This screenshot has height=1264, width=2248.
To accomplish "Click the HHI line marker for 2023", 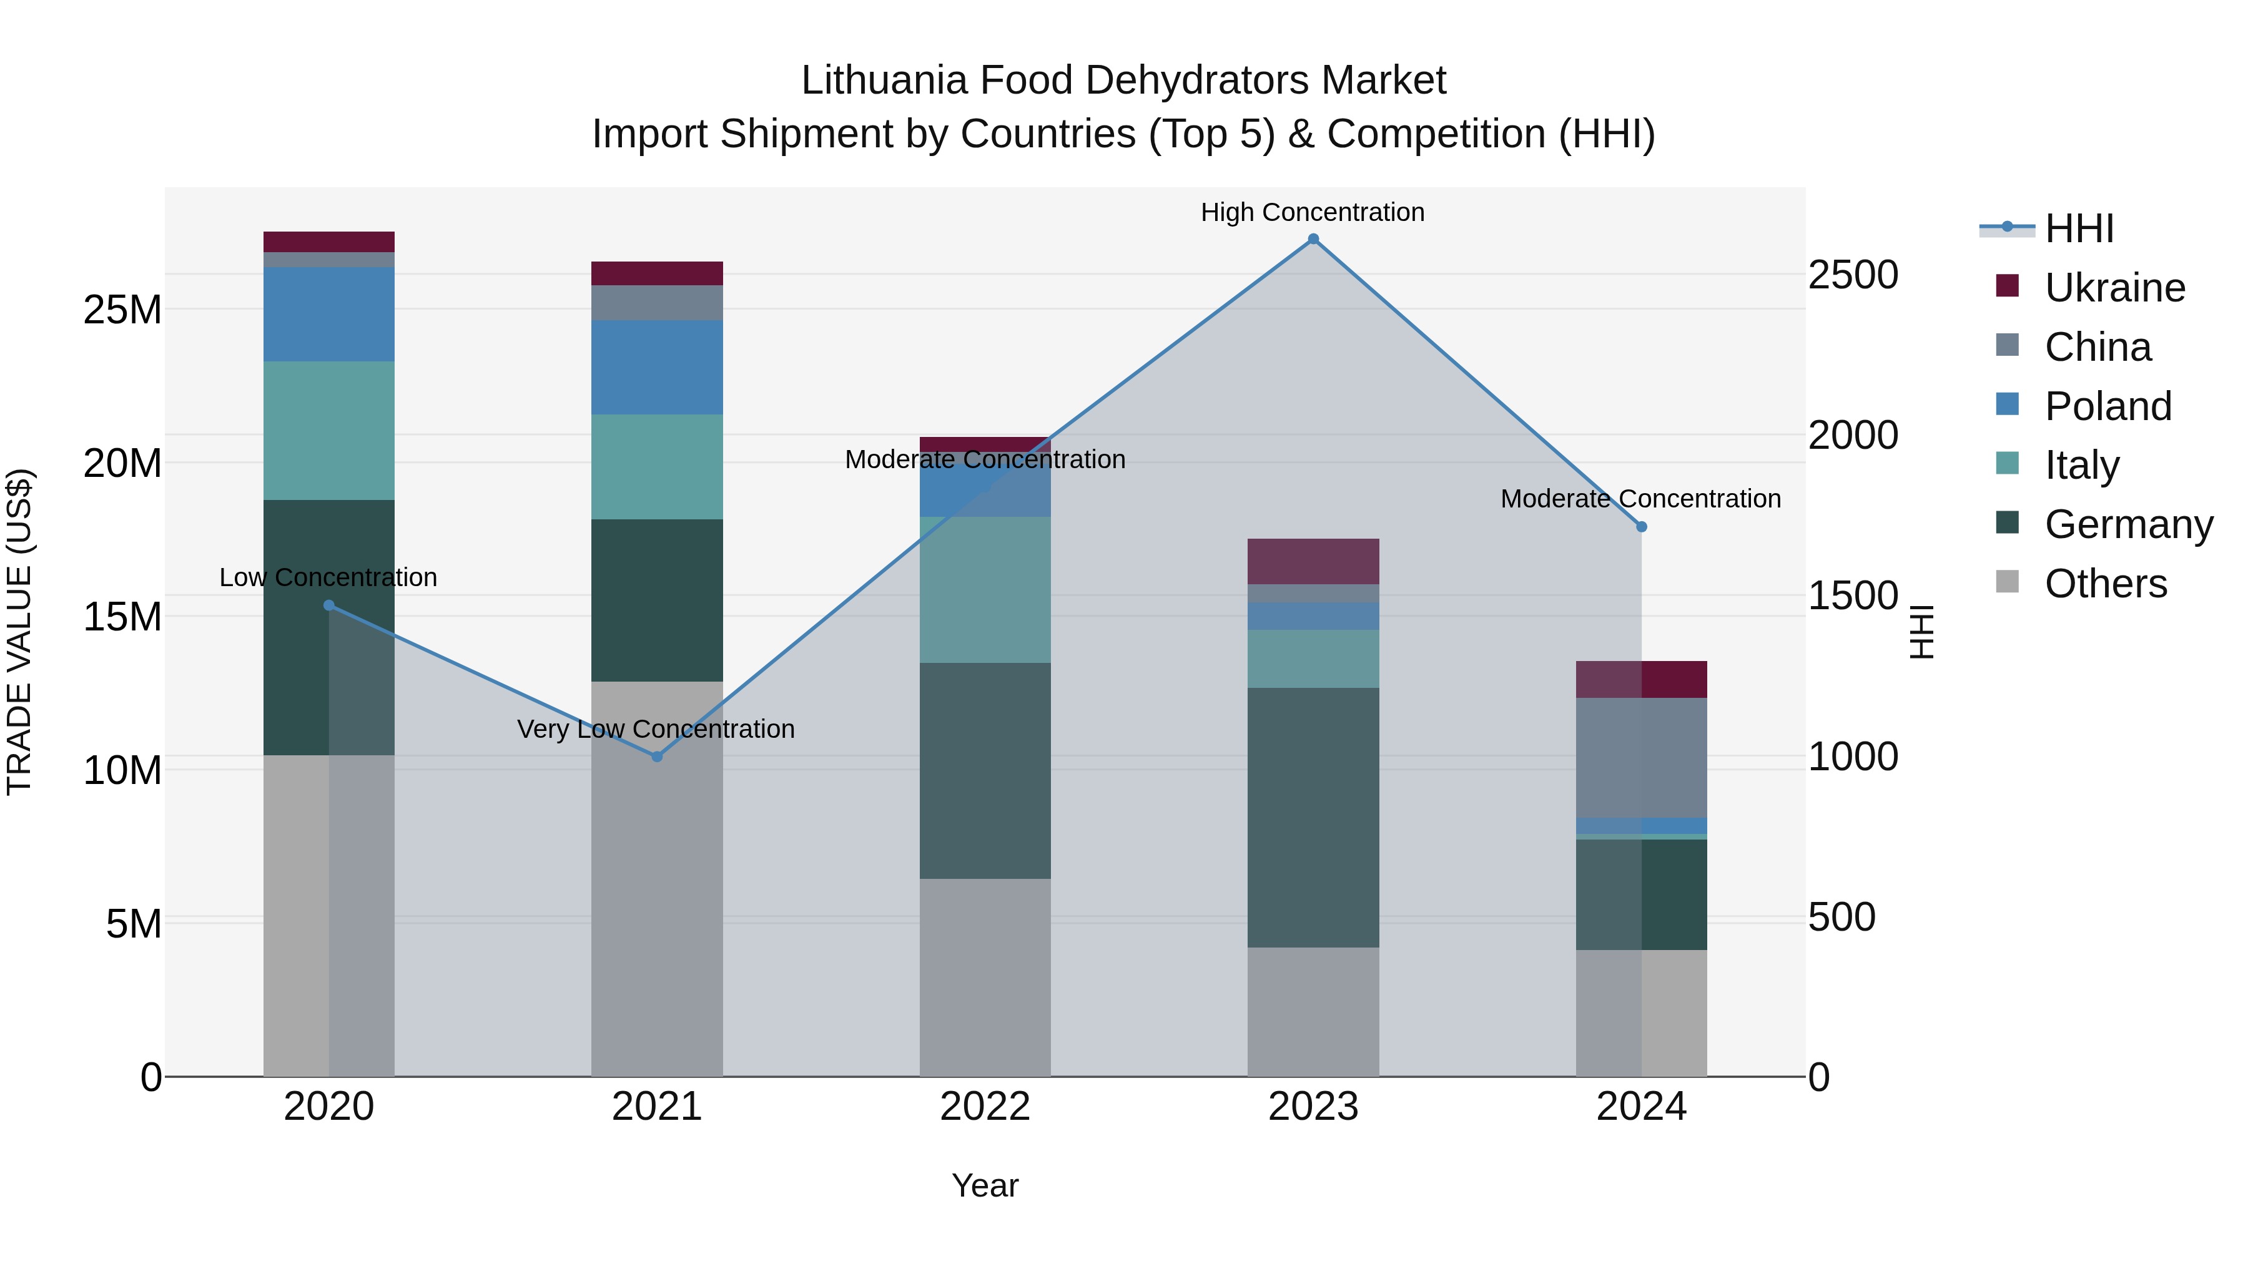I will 1313,239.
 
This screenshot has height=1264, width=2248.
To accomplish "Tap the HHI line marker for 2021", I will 657,757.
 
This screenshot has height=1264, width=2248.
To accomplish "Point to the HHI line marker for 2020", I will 329,605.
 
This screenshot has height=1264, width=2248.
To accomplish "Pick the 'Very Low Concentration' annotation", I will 656,728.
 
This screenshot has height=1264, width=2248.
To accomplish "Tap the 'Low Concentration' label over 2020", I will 328,577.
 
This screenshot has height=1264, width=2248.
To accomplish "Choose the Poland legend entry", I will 2107,406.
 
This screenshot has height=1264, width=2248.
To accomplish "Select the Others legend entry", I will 2105,584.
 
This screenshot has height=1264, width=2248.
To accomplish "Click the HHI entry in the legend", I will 2079,228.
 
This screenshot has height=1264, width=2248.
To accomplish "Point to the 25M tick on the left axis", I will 122,310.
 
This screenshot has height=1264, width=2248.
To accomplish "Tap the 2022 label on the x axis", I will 985,1107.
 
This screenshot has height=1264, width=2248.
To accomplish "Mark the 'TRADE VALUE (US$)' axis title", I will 19,632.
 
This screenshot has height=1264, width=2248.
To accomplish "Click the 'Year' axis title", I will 985,1185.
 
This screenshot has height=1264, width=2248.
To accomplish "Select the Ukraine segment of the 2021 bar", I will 657,273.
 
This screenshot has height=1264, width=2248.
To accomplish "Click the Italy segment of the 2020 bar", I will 329,430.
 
